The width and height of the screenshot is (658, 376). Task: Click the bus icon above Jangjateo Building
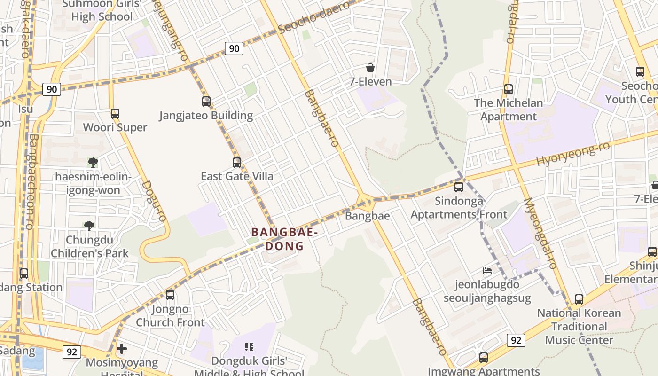pos(206,102)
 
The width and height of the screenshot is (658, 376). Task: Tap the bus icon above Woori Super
pos(115,114)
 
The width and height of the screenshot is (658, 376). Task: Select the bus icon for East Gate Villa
pos(237,163)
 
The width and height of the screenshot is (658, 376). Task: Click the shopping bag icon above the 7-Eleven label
pos(370,68)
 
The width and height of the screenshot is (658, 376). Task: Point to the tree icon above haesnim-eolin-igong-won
pos(93,163)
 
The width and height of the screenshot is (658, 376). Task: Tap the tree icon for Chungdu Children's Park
pos(89,226)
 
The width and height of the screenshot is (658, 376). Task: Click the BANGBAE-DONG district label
pos(285,239)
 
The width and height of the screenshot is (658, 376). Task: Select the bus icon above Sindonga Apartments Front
pos(459,187)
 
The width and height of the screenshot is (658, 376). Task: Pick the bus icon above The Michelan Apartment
pos(508,89)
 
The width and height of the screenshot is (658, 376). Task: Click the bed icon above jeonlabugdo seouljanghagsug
pos(487,271)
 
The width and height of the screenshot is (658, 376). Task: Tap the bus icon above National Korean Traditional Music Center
pos(579,299)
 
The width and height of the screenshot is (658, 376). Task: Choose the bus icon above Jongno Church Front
pos(170,295)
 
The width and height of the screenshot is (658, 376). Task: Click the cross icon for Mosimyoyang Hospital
pos(122,349)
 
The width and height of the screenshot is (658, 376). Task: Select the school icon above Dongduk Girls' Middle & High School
pos(249,347)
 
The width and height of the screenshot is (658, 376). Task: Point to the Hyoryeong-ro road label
pos(573,154)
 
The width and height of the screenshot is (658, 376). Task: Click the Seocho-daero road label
pos(314,17)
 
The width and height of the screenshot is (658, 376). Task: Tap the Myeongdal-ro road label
pos(540,234)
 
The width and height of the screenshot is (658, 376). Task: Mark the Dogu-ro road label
pos(154,201)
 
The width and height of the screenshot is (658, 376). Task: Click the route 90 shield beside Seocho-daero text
pos(234,48)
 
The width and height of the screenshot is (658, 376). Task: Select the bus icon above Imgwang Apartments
pos(484,358)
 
